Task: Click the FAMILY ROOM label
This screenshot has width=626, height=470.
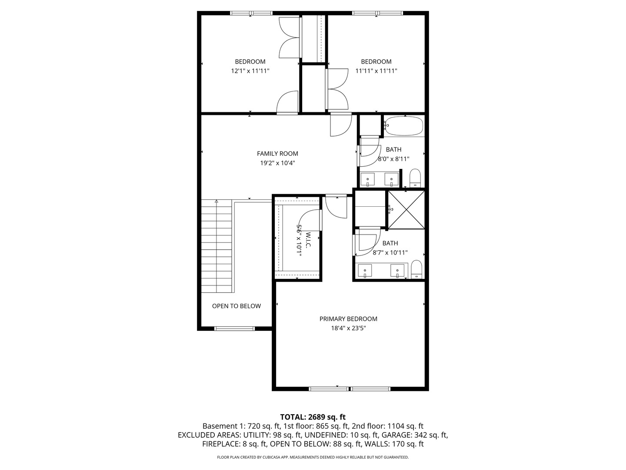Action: [277, 153]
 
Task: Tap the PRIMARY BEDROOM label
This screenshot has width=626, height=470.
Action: [348, 319]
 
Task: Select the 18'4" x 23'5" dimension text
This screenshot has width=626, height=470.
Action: [348, 329]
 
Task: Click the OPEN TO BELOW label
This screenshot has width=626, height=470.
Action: [236, 306]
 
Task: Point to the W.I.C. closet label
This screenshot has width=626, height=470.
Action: [308, 240]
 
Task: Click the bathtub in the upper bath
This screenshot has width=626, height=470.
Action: [404, 126]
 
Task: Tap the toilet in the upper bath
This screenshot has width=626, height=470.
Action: [416, 178]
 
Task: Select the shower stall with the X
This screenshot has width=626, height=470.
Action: [406, 209]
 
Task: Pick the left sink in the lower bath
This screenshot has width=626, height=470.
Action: [365, 270]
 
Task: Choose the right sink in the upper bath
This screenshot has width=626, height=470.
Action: [392, 179]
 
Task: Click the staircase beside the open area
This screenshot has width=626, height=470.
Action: [217, 246]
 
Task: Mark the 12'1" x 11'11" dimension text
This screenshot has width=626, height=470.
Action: [250, 70]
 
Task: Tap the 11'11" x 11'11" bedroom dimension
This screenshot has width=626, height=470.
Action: [376, 70]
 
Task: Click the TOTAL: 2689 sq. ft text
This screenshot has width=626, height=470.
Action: [313, 417]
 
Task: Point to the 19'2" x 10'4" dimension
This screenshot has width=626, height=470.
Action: [277, 163]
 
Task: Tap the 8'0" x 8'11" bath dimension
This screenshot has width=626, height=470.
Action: [394, 159]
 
